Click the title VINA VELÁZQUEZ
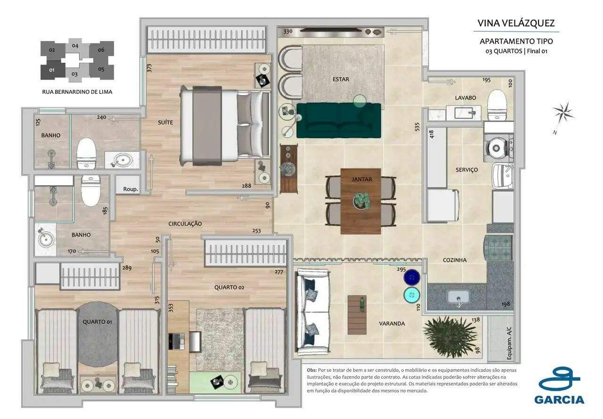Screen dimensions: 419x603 pyautogui.click(x=516, y=23)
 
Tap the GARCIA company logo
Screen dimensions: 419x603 pyautogui.click(x=559, y=386)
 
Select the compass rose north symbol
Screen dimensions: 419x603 pyautogui.click(x=562, y=113)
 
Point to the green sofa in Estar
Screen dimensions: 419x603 pyautogui.click(x=338, y=121)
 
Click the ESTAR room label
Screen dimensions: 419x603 pyautogui.click(x=341, y=79)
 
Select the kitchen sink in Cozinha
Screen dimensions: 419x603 pyautogui.click(x=458, y=297)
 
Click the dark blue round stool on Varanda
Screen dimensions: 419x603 pyautogui.click(x=412, y=277)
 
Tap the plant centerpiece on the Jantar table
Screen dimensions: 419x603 pyautogui.click(x=361, y=200)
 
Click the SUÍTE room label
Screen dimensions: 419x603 pyautogui.click(x=165, y=123)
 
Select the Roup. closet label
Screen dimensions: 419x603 pyautogui.click(x=130, y=189)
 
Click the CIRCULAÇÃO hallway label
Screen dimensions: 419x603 pyautogui.click(x=185, y=223)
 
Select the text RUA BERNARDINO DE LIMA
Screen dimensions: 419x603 pyautogui.click(x=77, y=92)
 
